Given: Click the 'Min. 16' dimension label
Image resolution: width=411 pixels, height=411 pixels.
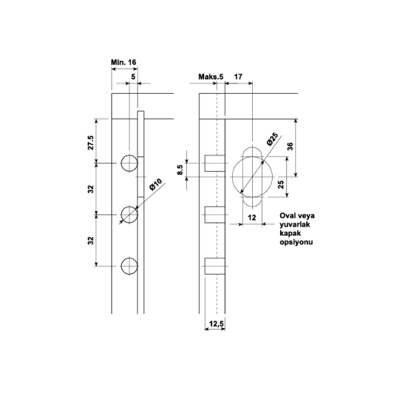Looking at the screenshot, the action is click(123, 62).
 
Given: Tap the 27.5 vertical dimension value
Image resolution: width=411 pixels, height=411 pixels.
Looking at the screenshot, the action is click(90, 142).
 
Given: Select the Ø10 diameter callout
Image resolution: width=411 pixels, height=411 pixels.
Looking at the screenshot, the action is click(155, 184).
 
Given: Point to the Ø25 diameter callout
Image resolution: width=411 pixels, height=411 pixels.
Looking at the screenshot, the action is click(272, 139).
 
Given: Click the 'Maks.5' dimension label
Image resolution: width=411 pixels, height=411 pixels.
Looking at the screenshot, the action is click(211, 77).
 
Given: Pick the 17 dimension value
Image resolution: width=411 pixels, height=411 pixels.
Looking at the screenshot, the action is click(238, 77).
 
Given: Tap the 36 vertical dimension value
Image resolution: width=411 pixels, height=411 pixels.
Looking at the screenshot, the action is click(290, 147).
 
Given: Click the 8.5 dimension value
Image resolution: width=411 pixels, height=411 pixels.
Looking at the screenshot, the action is click(180, 170).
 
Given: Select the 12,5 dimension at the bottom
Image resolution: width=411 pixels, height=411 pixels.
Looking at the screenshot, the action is click(216, 324).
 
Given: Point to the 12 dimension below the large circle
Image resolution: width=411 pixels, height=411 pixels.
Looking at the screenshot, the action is click(251, 218).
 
